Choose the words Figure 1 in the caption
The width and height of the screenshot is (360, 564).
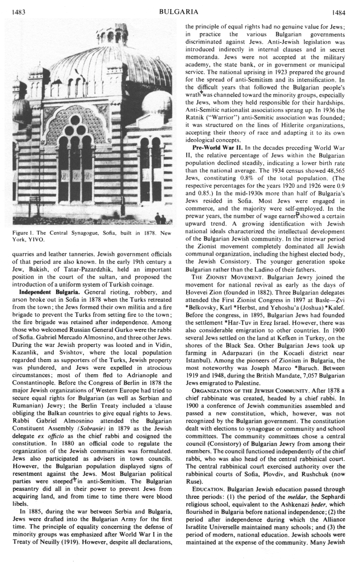tap(16, 233)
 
